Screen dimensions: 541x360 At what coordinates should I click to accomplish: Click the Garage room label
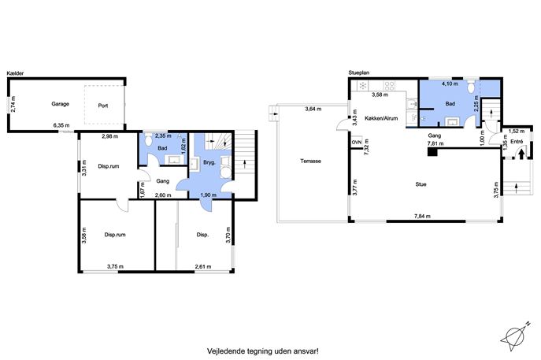point(61,104)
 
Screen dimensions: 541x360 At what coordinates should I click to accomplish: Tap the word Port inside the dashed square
point(103,106)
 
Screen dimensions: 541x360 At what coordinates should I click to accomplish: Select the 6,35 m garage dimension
point(61,125)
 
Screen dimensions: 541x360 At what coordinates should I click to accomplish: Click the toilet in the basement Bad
point(149,140)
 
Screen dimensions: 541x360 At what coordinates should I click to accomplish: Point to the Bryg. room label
point(209,162)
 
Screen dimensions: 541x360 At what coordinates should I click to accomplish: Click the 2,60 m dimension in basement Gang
point(163,195)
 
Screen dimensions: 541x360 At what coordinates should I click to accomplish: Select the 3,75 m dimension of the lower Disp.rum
point(115,266)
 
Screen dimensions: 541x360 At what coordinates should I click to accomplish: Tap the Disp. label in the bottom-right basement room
point(202,235)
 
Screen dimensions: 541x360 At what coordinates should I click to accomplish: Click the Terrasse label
point(310,161)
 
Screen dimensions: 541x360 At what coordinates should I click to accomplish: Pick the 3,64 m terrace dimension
point(313,109)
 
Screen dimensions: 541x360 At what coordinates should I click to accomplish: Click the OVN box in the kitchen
point(357,143)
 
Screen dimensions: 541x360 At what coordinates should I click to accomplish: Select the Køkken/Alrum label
point(381,118)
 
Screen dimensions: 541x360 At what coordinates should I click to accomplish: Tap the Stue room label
point(421,184)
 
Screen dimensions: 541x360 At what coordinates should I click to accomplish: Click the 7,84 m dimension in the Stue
point(422,217)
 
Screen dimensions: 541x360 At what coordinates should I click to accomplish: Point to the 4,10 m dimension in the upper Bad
point(450,84)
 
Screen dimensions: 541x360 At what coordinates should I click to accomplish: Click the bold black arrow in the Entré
point(521,154)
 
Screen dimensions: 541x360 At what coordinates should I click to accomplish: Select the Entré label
point(517,142)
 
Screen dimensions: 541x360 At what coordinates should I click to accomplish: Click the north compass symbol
point(514,336)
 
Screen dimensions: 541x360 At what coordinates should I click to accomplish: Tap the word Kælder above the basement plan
point(15,73)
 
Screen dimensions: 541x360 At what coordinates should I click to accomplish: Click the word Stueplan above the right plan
point(359,72)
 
